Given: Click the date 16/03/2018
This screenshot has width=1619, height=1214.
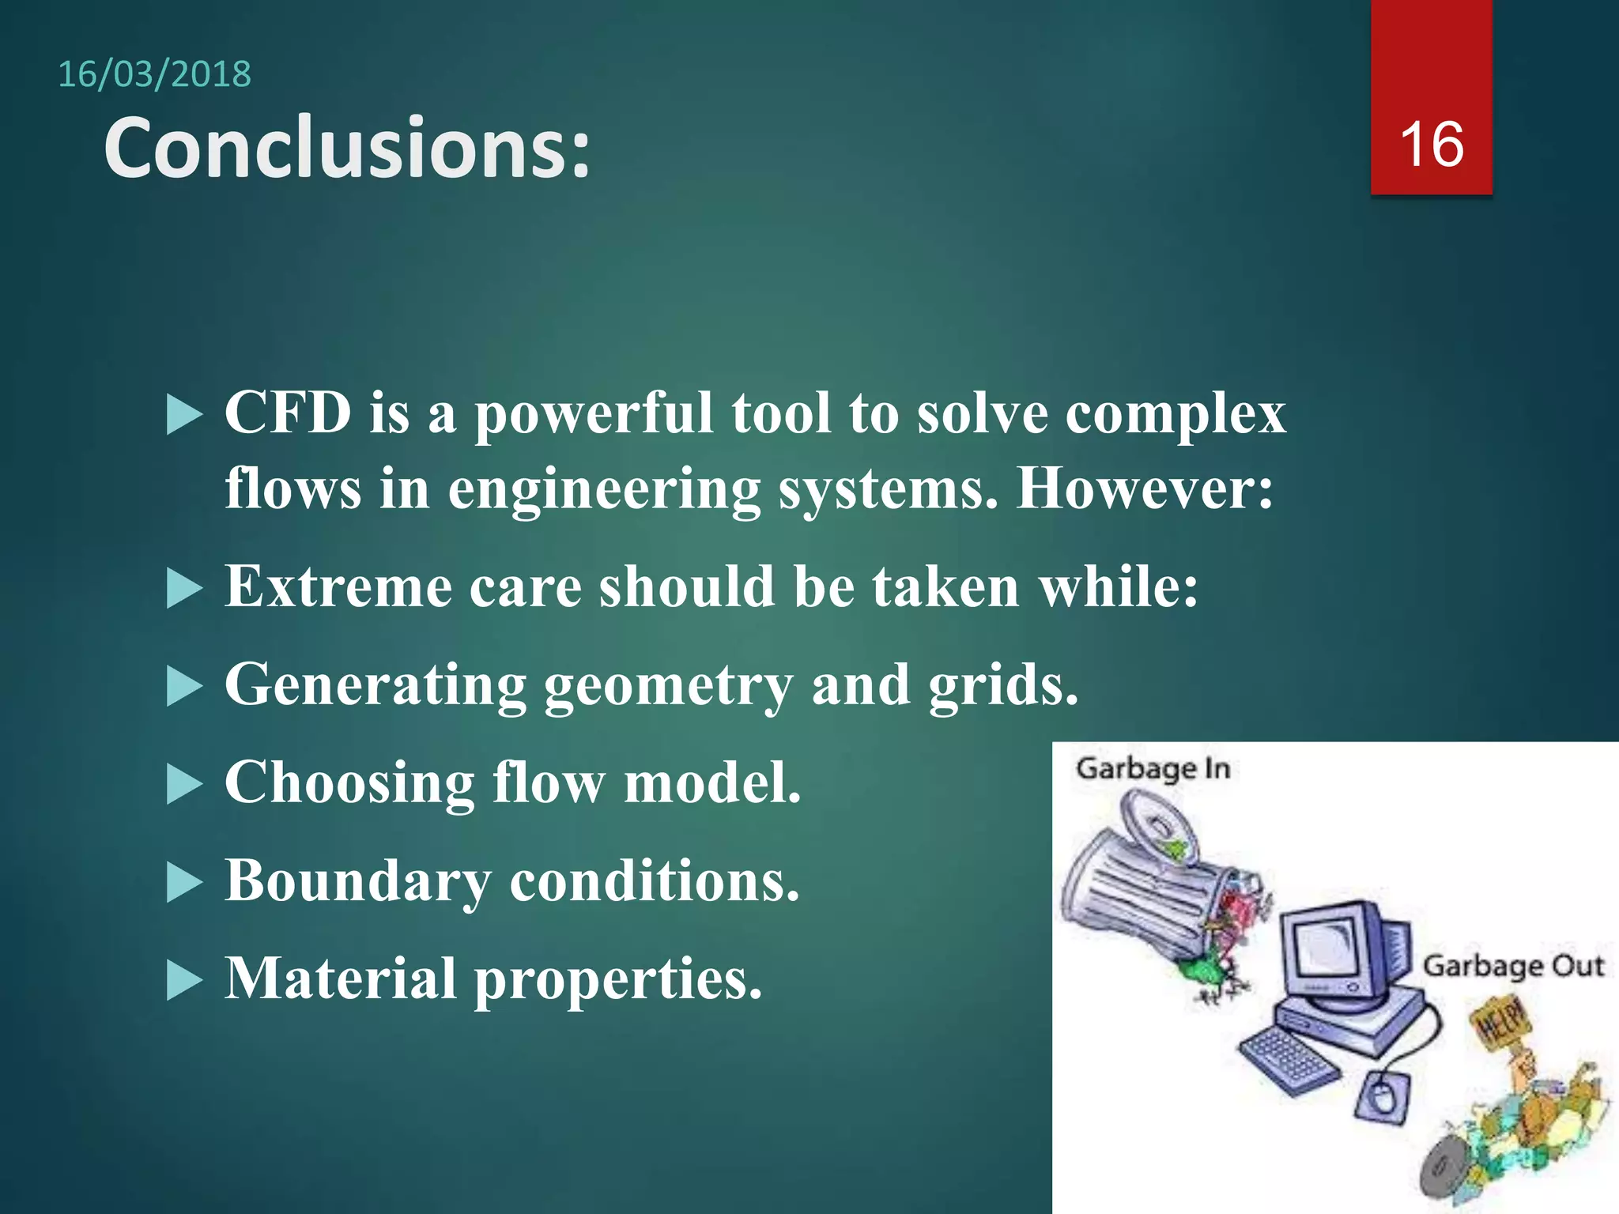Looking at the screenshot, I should (154, 75).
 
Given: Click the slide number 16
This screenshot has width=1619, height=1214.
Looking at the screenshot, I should (1431, 145).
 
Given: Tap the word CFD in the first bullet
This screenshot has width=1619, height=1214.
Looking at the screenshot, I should (288, 413).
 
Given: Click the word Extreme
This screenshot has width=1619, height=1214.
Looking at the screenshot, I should (338, 587).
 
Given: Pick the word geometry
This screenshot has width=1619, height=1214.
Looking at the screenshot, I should (668, 686).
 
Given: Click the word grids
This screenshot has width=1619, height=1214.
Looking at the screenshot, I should (1002, 686).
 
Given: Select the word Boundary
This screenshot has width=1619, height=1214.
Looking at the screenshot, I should (357, 881).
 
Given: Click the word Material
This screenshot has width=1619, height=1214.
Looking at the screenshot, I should (341, 979).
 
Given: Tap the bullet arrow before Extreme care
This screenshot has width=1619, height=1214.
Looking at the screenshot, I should (185, 589).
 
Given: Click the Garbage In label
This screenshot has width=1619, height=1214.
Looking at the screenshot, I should (1153, 769).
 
